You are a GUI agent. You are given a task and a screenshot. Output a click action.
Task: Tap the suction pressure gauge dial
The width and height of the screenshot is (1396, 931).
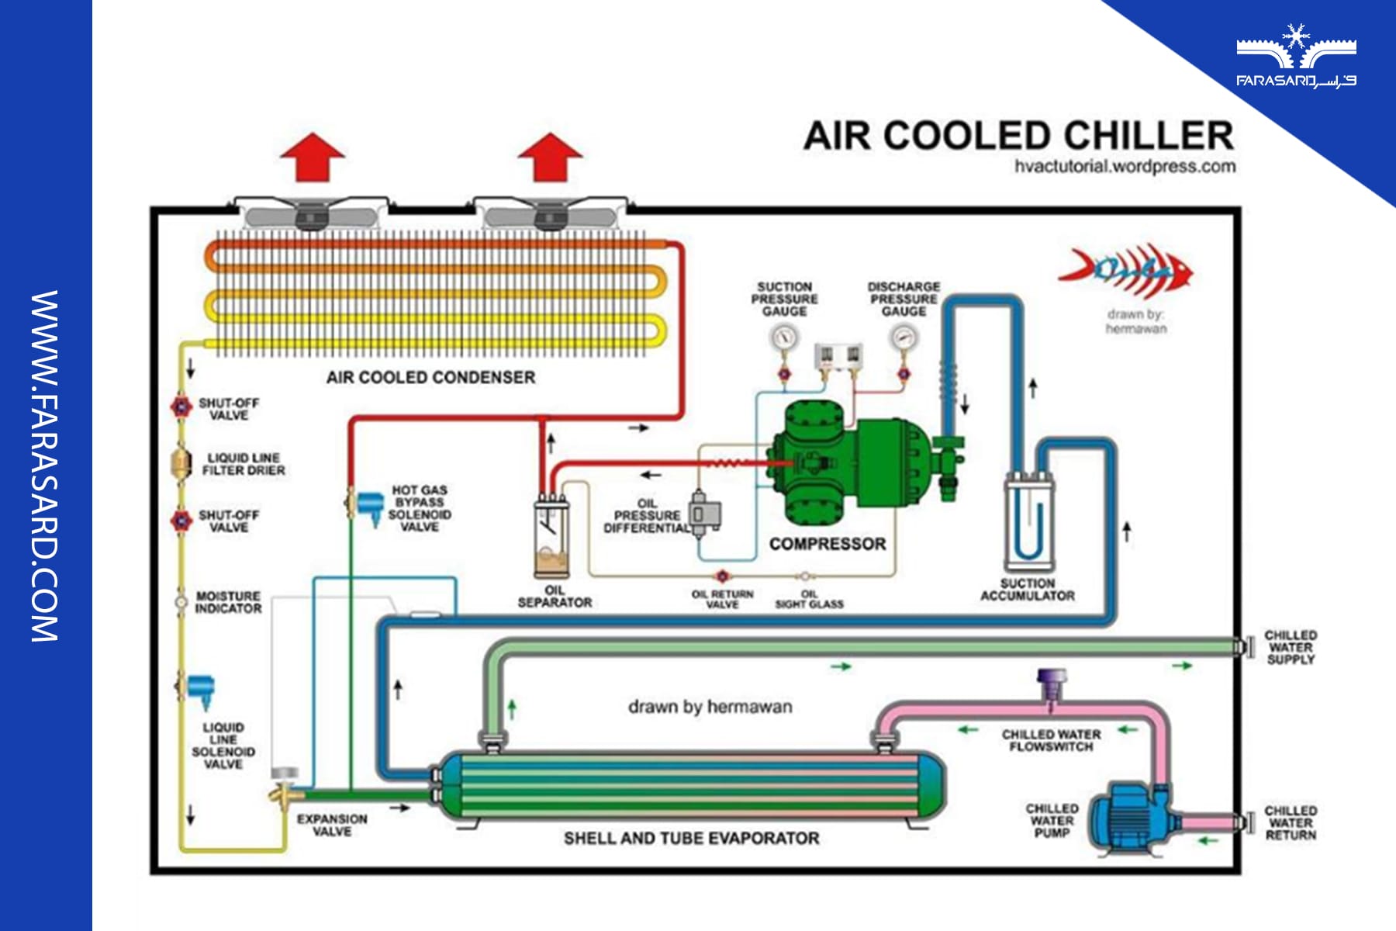tap(784, 337)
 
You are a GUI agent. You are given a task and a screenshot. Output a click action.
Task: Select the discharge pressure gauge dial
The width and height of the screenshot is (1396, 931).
tap(903, 337)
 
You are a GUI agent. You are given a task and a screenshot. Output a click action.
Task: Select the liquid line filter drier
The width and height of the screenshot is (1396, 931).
tap(181, 463)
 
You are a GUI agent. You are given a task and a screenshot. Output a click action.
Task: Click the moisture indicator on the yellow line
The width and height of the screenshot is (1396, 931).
tap(181, 601)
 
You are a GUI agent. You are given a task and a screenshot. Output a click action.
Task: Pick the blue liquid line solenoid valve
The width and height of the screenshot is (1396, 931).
tap(200, 689)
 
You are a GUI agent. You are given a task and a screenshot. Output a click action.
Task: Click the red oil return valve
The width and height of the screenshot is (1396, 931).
tap(722, 576)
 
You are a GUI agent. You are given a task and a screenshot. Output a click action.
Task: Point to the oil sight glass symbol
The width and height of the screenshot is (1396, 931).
tap(805, 576)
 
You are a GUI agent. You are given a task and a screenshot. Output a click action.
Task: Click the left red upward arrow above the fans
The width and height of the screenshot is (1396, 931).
tap(313, 157)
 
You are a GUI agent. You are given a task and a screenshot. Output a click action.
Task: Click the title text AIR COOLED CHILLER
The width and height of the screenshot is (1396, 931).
tap(1018, 136)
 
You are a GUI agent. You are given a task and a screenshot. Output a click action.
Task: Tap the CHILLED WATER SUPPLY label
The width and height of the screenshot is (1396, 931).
tap(1290, 647)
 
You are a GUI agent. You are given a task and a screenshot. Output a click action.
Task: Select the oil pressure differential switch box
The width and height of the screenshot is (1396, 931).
tap(704, 513)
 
